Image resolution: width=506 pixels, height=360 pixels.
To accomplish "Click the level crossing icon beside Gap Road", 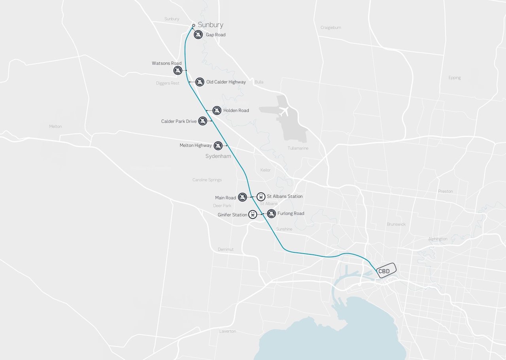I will [x=198, y=34].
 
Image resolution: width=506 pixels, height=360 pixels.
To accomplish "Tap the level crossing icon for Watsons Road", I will [x=178, y=70].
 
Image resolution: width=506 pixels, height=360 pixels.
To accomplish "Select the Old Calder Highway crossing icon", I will [x=200, y=82].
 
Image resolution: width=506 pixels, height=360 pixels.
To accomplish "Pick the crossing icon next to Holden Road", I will [x=217, y=110].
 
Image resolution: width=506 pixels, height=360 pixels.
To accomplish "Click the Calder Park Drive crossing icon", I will [x=202, y=121].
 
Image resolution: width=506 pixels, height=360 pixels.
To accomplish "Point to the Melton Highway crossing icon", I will [x=218, y=146].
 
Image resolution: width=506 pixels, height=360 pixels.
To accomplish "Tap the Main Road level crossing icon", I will [x=242, y=197].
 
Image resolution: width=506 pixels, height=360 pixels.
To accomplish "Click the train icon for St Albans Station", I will [x=261, y=196].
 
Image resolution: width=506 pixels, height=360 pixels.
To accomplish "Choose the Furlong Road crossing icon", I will [x=271, y=214].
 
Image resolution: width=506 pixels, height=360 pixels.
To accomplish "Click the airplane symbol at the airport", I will [x=283, y=112].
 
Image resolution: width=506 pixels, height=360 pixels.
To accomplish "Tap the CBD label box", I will [x=385, y=271].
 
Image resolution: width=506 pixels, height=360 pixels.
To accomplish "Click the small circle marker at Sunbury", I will [x=194, y=25].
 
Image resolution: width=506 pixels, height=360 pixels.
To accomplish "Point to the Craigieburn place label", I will [x=330, y=28].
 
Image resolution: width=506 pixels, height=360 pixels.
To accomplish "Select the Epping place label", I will [x=455, y=78].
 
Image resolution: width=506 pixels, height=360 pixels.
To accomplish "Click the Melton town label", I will [x=55, y=127].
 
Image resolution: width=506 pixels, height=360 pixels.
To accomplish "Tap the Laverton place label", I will [x=228, y=331].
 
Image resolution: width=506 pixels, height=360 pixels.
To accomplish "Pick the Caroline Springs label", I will [x=207, y=180].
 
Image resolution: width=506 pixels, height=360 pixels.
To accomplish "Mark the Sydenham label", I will [x=218, y=156].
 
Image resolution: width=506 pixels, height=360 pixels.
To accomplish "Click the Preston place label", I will [x=445, y=191].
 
